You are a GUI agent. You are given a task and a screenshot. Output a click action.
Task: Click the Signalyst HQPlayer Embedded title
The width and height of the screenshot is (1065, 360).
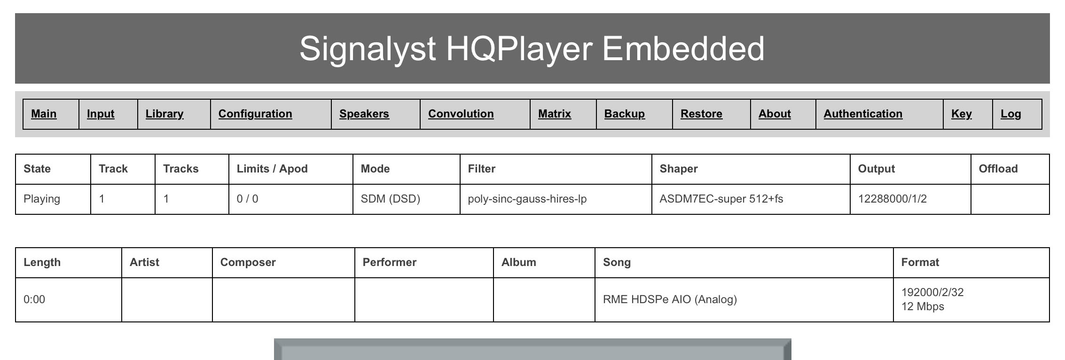coord(532,49)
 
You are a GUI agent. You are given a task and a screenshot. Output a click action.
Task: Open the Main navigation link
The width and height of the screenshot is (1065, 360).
coord(44,114)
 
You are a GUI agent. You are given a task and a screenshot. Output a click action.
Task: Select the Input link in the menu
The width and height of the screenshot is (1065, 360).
coord(101,114)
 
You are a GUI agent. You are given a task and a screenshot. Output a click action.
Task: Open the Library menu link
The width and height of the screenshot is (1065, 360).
coord(164,114)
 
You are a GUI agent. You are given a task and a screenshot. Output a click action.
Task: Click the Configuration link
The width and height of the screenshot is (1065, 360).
coord(255,114)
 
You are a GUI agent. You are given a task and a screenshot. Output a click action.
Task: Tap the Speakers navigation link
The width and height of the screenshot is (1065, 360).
coord(364,114)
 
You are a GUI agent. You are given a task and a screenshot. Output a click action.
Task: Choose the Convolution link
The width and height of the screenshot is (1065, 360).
coord(461,114)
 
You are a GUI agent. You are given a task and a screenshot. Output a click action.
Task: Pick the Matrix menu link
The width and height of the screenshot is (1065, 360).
coord(555,114)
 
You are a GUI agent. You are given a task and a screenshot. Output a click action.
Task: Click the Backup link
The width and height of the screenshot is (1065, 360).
coord(625,114)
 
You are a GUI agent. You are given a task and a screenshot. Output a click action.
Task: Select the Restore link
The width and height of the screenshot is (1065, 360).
coord(702,114)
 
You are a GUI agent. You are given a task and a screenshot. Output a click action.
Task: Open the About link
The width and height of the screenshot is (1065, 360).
coord(775,114)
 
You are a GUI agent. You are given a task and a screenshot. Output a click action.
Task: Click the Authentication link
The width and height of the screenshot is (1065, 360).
coord(863,114)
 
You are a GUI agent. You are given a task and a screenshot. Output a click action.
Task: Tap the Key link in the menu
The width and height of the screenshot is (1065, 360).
coord(962,114)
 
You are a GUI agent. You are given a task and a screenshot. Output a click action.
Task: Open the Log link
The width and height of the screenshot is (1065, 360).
coord(1011,114)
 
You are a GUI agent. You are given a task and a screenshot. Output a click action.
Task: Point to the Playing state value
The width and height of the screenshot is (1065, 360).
coord(42,199)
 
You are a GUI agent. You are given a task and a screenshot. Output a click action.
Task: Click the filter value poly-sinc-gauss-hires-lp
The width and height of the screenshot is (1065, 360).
coord(527,199)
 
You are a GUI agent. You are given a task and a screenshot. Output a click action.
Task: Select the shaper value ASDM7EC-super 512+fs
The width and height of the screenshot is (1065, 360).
coord(721,199)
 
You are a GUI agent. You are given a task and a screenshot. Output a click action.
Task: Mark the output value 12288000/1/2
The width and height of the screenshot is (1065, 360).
coord(893,199)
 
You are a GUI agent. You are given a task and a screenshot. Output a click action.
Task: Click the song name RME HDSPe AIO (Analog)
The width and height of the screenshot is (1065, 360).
coord(670,299)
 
